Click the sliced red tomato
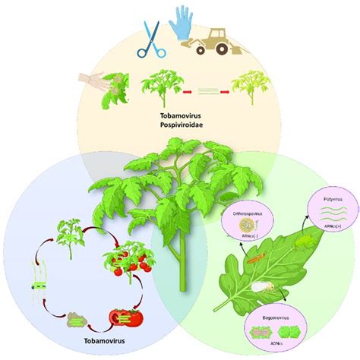tap(125, 315)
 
